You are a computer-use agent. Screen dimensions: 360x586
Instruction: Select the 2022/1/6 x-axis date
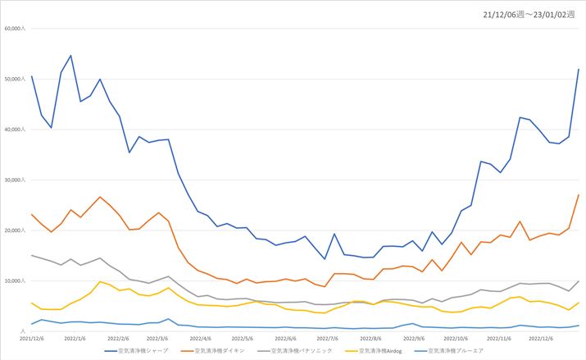pos(75,337)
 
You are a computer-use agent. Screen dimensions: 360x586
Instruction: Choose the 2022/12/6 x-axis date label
pos(542,337)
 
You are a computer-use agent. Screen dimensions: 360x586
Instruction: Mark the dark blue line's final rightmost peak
pos(579,69)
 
